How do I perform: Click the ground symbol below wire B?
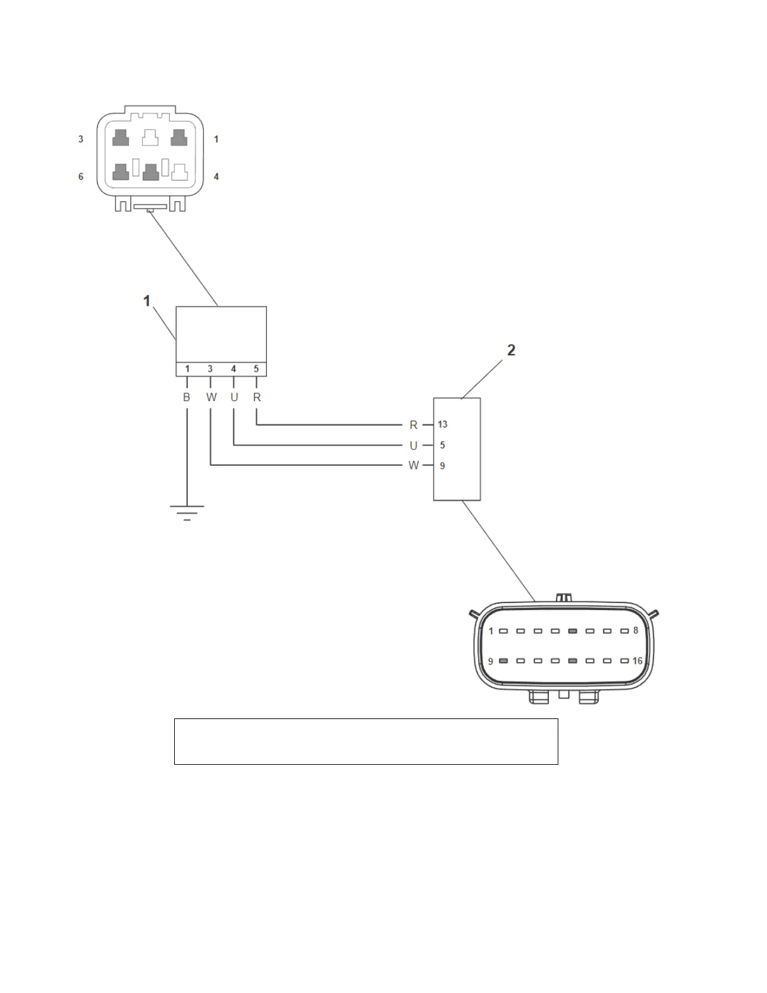pyautogui.click(x=187, y=513)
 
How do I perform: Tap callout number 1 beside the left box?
pyautogui.click(x=147, y=302)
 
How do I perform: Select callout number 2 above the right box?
pyautogui.click(x=511, y=350)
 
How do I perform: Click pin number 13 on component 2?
pyautogui.click(x=442, y=424)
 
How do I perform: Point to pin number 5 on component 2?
pyautogui.click(x=442, y=445)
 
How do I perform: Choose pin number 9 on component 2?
pyautogui.click(x=442, y=466)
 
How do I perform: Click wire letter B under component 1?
pyautogui.click(x=187, y=397)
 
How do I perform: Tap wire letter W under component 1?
pyautogui.click(x=211, y=397)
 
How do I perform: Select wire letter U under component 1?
pyautogui.click(x=234, y=397)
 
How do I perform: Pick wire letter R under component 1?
pyautogui.click(x=257, y=397)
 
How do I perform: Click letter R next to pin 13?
pyautogui.click(x=414, y=425)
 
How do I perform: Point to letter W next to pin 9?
pyautogui.click(x=414, y=466)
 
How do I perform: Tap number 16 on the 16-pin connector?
pyautogui.click(x=637, y=661)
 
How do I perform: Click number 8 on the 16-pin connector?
pyautogui.click(x=635, y=631)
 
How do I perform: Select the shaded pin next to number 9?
pyautogui.click(x=503, y=661)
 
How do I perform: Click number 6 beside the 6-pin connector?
pyautogui.click(x=81, y=177)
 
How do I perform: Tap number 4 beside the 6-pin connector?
pyautogui.click(x=216, y=177)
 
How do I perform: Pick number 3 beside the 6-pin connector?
pyautogui.click(x=81, y=139)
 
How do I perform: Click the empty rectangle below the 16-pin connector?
pyautogui.click(x=366, y=742)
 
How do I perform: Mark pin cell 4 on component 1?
pyautogui.click(x=234, y=369)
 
